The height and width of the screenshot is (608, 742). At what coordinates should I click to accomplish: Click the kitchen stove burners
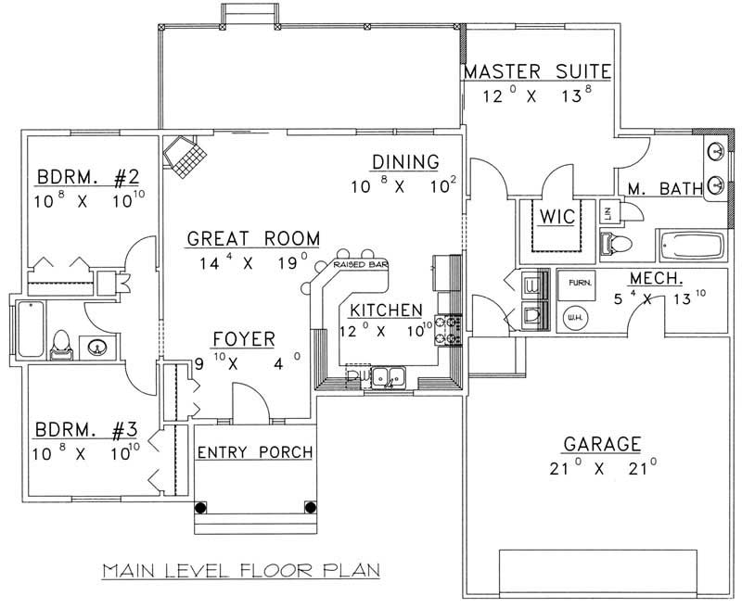pyautogui.click(x=454, y=330)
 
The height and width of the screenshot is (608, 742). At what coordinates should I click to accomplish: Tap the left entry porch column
pyautogui.click(x=200, y=508)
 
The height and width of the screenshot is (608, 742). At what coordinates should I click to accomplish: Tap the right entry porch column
pyautogui.click(x=311, y=508)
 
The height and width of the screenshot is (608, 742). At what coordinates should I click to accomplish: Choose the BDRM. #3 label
pyautogui.click(x=86, y=430)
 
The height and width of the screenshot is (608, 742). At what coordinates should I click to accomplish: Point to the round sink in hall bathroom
pyautogui.click(x=97, y=348)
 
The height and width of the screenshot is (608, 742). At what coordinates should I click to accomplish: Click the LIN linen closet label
pyautogui.click(x=609, y=211)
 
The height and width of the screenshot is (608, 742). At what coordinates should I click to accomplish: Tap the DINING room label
pyautogui.click(x=405, y=162)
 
